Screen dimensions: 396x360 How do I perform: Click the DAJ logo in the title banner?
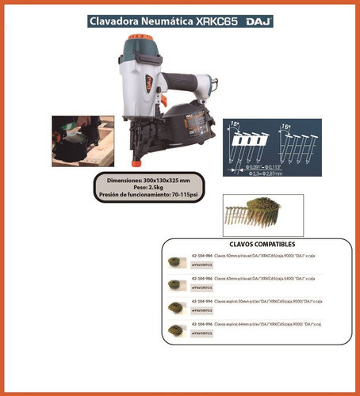click(x=258, y=21)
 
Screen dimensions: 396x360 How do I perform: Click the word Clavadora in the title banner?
click(x=117, y=21)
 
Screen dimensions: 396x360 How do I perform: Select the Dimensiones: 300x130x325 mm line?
click(x=139, y=181)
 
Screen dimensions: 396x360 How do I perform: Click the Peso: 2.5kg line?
click(x=139, y=189)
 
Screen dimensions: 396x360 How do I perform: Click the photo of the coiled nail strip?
click(x=250, y=212)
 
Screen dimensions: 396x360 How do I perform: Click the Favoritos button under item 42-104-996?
click(x=203, y=334)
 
